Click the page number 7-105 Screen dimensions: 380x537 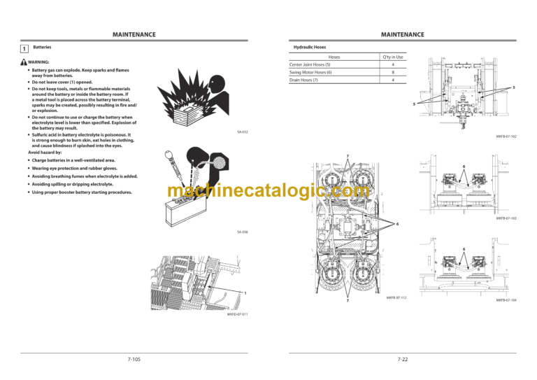pyautogui.click(x=134, y=359)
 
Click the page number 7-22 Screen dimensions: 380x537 pyautogui.click(x=403, y=359)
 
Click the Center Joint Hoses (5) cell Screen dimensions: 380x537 pyautogui.click(x=310, y=65)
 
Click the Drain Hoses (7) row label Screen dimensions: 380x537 pyautogui.click(x=304, y=80)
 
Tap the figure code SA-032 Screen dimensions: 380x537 pyautogui.click(x=242, y=131)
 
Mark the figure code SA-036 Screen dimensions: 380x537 pyautogui.click(x=242, y=232)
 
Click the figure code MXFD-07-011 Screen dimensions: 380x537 pyautogui.click(x=237, y=315)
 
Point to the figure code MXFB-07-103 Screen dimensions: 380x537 pyautogui.click(x=506, y=218)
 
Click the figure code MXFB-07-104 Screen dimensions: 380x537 pyautogui.click(x=506, y=300)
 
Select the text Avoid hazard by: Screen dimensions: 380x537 pyautogui.click(x=44, y=152)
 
